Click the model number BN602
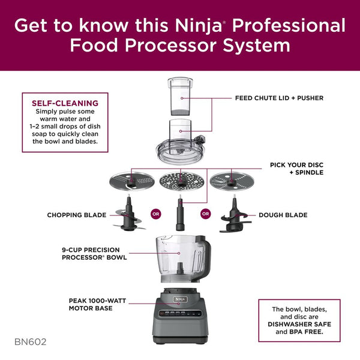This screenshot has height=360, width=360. tap(31, 342)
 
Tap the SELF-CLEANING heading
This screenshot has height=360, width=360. tap(65, 103)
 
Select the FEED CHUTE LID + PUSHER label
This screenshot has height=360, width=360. tap(279, 98)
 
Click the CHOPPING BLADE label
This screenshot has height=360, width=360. tap(77, 215)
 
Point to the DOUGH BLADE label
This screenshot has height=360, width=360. tap(283, 215)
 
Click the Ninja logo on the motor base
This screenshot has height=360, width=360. tap(180, 299)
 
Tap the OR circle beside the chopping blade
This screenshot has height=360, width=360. tap(155, 214)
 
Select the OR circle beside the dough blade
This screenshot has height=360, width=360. tap(205, 214)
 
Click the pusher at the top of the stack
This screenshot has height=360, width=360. tap(181, 97)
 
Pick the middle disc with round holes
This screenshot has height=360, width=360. tap(182, 182)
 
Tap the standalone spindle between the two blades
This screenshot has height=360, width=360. tap(180, 213)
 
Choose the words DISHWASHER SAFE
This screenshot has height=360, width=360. tap(299, 324)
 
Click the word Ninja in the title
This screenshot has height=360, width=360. tap(198, 26)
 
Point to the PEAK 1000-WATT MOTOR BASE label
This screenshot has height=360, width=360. tap(97, 304)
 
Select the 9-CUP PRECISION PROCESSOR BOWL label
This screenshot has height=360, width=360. tap(94, 254)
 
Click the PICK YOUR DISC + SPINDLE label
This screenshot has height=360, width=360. tap(296, 169)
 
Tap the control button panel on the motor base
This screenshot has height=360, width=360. tap(180, 313)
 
